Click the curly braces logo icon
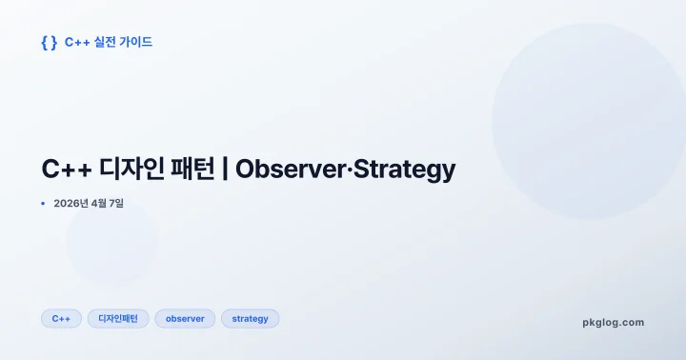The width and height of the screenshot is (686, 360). (x=50, y=42)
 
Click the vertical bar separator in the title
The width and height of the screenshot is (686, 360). (x=225, y=170)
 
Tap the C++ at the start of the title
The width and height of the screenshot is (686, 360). (x=66, y=170)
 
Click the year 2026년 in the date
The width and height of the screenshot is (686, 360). (x=71, y=203)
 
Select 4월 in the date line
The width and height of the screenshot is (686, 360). (x=100, y=203)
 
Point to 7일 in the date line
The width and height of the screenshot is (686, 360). (x=118, y=203)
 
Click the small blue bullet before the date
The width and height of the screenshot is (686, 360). (x=44, y=203)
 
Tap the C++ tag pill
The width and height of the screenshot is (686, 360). (x=61, y=319)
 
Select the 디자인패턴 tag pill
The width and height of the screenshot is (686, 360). (x=118, y=319)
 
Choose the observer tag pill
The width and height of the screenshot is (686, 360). (x=185, y=319)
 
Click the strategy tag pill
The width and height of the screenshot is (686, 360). (x=250, y=319)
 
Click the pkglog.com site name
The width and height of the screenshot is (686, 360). (x=613, y=322)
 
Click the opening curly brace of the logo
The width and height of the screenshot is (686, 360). (x=45, y=42)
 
